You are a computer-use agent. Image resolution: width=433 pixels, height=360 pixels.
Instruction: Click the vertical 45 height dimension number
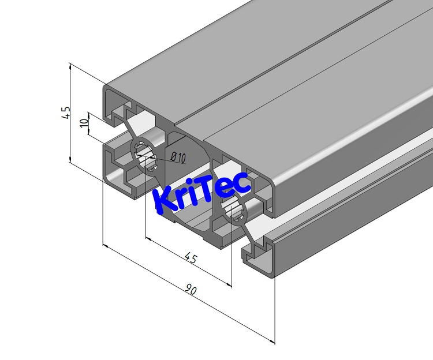tap(66, 112)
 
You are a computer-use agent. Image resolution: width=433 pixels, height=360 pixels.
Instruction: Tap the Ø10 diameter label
tap(178, 157)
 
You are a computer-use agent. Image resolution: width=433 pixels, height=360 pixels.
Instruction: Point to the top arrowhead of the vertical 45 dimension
tap(70, 65)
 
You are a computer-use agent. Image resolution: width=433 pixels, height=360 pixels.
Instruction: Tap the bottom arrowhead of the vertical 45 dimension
tap(70, 159)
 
